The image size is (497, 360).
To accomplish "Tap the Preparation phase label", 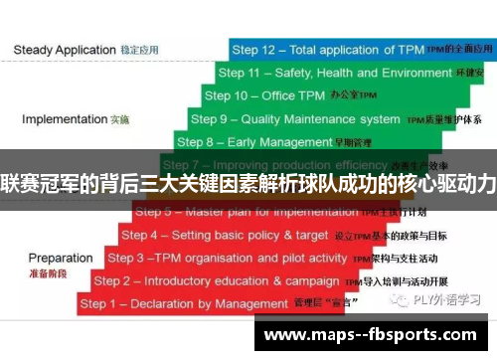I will coord(61,258).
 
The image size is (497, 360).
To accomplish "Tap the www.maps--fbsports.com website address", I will coord(371,334).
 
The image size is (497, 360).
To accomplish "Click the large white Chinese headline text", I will coord(248,183).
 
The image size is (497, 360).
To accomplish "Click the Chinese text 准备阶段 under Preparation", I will coord(46,272).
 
